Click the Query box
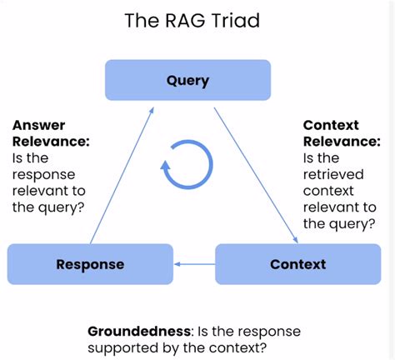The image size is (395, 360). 187,80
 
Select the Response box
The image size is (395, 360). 90,264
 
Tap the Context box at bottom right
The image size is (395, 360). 297,264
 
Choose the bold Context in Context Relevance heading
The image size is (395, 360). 331,125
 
